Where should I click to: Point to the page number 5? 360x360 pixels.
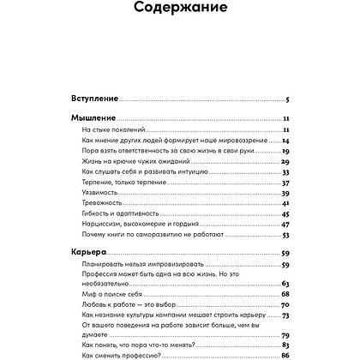288,99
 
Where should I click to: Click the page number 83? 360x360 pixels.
285,343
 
